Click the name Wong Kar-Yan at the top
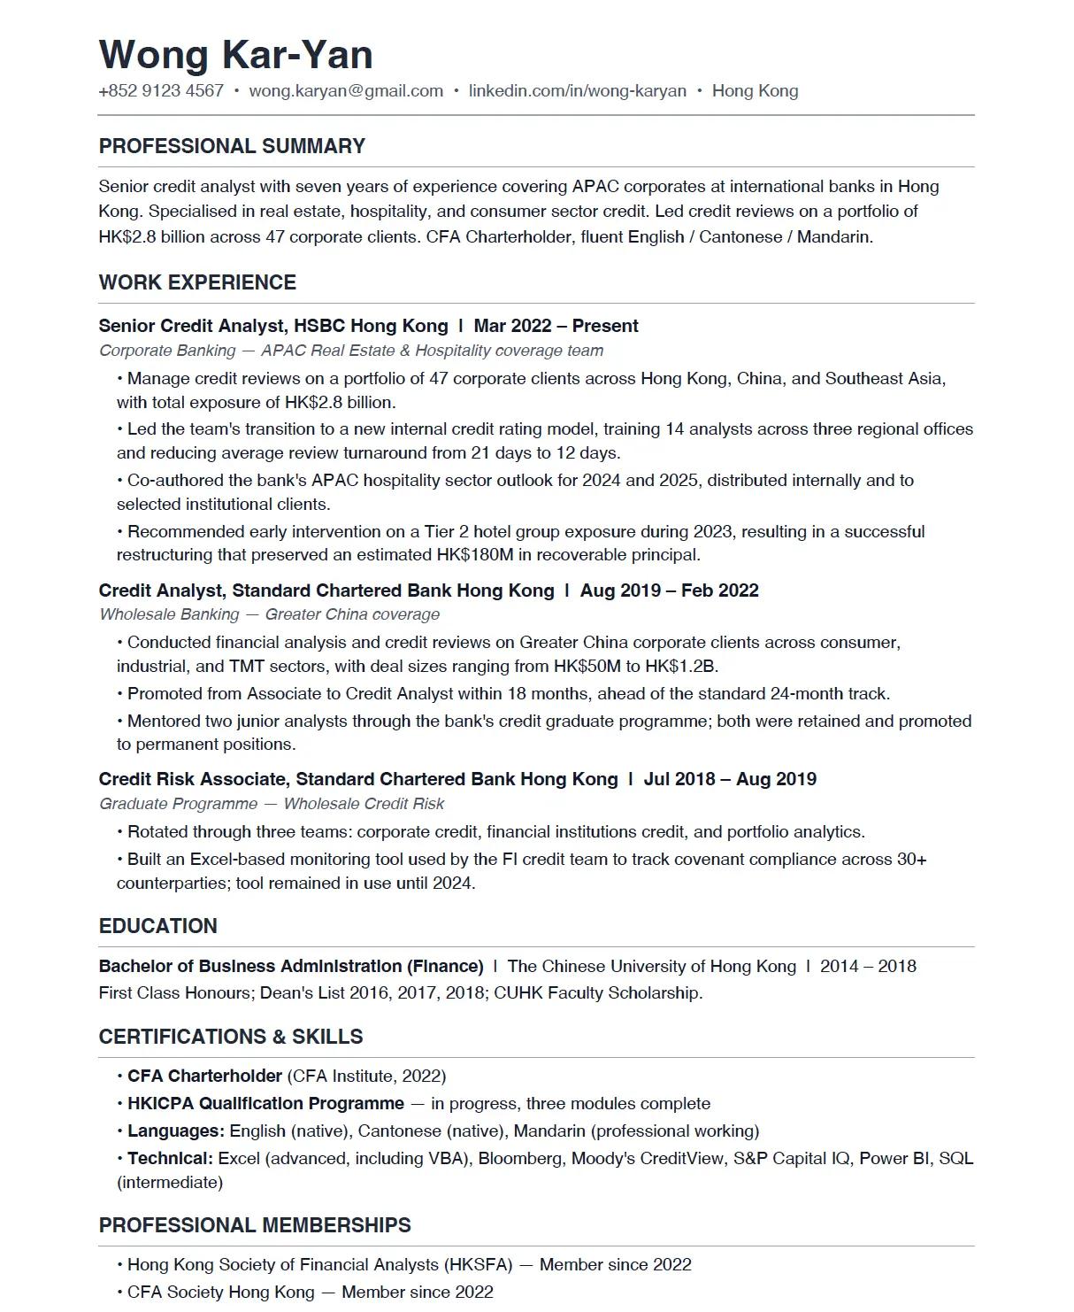[235, 55]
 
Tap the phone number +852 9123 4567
[161, 91]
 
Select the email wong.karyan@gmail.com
[346, 91]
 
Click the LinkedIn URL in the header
[577, 91]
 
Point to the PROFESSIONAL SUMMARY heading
[232, 146]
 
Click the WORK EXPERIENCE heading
[197, 282]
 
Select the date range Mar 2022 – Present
[556, 326]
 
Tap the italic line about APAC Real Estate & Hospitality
[350, 351]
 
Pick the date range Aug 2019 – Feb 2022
[669, 590]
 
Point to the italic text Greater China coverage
[352, 614]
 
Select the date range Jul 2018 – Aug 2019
[730, 779]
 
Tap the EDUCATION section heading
[157, 926]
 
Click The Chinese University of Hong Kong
[651, 966]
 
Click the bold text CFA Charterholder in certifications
[204, 1077]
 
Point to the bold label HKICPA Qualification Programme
[265, 1104]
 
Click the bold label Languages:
[176, 1131]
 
